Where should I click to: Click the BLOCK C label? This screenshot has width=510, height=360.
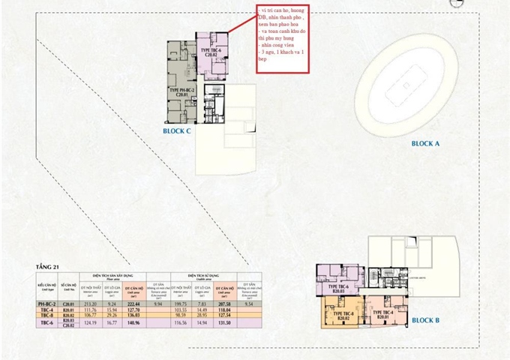click(x=177, y=130)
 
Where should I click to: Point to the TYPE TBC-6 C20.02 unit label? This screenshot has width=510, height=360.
click(x=210, y=52)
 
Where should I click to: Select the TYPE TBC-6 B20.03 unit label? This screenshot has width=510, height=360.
click(x=339, y=288)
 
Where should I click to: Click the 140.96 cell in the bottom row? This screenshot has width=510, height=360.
click(x=134, y=322)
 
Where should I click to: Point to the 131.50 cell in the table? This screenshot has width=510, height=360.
click(x=226, y=322)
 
